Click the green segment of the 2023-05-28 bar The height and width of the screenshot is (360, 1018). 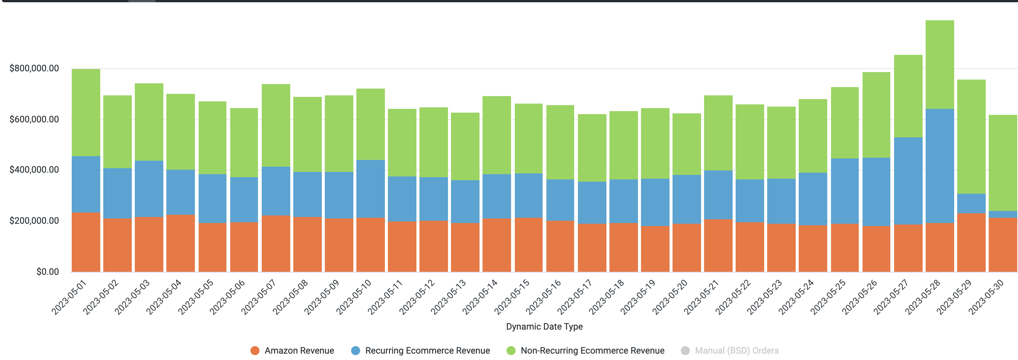(940, 65)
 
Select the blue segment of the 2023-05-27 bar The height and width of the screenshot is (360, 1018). (908, 181)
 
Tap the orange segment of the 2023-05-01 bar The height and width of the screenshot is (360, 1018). (86, 242)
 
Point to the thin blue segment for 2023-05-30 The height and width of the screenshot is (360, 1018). (1003, 215)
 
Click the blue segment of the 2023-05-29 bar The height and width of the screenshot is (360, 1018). (971, 203)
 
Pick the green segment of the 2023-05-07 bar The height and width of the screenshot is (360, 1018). (276, 125)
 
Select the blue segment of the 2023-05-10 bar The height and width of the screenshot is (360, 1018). (370, 188)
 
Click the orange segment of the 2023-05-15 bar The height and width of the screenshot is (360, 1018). (528, 245)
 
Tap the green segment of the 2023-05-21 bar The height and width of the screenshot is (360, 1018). (718, 133)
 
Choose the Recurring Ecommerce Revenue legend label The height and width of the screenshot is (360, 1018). (427, 351)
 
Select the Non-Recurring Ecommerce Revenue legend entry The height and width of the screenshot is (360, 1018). (592, 351)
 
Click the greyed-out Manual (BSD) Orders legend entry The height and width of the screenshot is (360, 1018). (736, 351)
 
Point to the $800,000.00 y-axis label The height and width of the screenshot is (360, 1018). (34, 68)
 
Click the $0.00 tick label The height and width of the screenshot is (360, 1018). (47, 271)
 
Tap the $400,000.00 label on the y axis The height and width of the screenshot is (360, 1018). (34, 170)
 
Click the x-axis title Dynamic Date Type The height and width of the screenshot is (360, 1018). (544, 327)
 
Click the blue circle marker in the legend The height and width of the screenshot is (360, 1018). (355, 351)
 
